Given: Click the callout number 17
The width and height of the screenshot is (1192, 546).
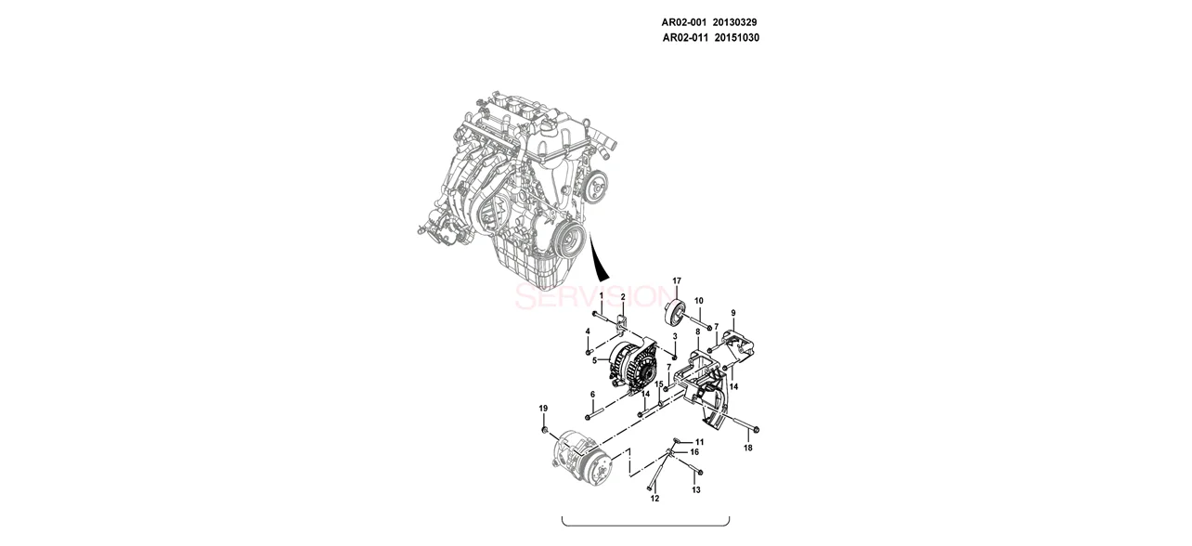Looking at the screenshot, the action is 677,280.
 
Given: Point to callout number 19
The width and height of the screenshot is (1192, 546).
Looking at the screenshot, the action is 544,409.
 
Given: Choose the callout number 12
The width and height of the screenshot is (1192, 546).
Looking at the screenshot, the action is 654,499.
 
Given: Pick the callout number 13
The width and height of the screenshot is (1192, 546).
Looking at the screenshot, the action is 697,489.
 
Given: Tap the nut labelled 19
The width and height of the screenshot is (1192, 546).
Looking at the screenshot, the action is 544,430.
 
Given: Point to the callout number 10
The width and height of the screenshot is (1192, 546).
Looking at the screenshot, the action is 699,301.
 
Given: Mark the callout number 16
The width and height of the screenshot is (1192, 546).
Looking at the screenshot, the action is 694,452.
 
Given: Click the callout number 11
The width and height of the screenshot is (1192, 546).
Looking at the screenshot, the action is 699,441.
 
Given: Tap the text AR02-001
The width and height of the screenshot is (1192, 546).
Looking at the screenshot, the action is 684,21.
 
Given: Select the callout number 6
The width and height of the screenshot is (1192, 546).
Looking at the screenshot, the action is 592,395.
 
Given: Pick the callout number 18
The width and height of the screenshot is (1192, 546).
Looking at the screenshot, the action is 748,448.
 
